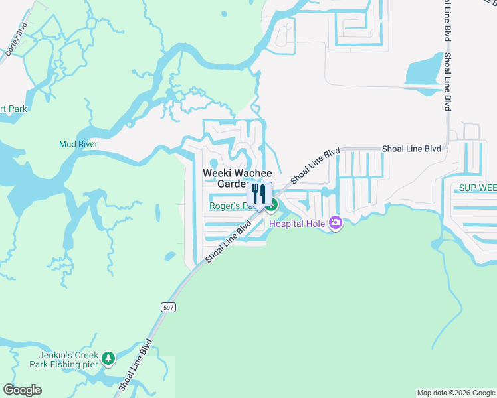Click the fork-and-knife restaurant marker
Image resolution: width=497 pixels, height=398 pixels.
point(259,194)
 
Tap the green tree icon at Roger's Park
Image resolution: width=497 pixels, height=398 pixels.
point(272,206)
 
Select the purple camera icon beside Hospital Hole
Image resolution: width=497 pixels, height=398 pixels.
point(336,223)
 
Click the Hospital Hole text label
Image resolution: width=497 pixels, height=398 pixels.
point(296,224)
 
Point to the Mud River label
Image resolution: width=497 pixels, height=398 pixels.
point(78,144)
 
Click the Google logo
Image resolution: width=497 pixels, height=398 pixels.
point(23,390)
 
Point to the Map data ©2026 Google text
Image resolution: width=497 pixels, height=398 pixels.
point(455,393)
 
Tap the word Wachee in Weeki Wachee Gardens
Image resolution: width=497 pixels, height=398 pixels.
point(254,173)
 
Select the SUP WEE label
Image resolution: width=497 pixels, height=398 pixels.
point(477,188)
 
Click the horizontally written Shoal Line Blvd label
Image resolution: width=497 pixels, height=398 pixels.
point(411,149)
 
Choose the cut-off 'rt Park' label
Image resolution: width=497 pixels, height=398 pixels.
point(12,109)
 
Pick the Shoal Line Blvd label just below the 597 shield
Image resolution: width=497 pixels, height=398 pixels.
point(136,365)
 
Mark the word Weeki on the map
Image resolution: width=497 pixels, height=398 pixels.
point(216,173)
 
